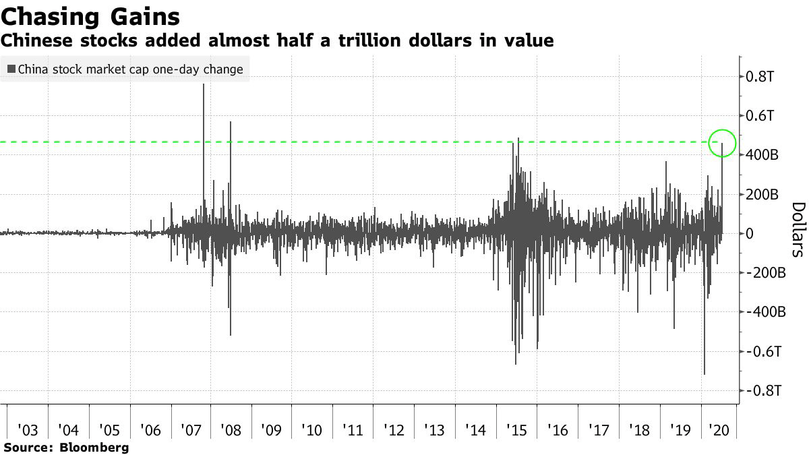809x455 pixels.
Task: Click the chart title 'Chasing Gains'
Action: coord(90,16)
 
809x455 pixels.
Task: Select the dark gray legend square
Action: coord(11,69)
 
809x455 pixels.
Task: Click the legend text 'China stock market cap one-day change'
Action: coord(130,69)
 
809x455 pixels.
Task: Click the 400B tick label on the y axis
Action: coord(762,155)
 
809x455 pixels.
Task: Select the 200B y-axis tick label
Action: coord(762,195)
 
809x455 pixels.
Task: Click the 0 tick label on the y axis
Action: coord(749,234)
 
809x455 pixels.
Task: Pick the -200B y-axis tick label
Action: coord(764,273)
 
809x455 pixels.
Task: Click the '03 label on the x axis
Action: coord(28,429)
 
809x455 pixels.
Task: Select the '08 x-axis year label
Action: coord(231,429)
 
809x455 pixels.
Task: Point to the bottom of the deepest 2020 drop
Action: coord(704,374)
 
